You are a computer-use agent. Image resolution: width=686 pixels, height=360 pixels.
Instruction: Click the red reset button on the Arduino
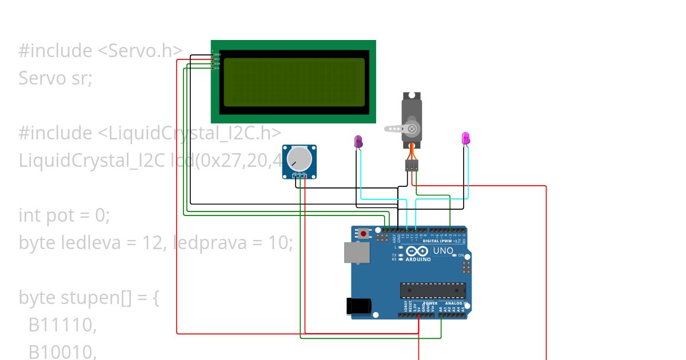(364, 233)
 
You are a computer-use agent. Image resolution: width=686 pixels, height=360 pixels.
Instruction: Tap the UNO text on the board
(443, 251)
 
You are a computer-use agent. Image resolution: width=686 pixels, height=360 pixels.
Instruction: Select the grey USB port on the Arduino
(353, 253)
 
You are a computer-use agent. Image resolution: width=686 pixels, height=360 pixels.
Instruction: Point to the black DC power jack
(358, 306)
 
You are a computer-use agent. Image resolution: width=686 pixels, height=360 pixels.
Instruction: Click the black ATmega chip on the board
(433, 290)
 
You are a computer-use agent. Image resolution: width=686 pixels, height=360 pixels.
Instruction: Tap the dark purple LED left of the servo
(358, 142)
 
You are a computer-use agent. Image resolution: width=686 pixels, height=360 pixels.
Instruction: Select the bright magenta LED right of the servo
(465, 138)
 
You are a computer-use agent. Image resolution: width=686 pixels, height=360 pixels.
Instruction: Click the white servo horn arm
(394, 129)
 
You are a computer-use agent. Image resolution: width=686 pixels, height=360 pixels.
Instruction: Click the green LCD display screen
(294, 82)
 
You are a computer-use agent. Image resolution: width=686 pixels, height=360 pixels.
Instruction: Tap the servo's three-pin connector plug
(412, 165)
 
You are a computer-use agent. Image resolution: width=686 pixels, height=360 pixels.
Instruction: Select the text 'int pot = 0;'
(63, 215)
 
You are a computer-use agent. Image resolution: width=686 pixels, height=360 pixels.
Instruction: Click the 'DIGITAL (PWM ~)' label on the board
(440, 241)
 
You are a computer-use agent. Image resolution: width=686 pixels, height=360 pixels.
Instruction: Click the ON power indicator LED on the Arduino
(454, 255)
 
